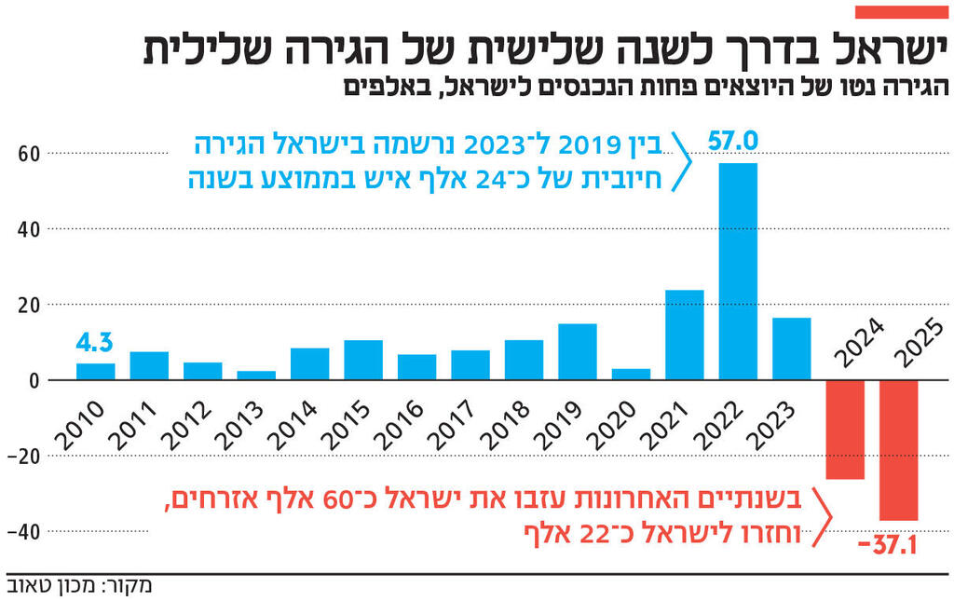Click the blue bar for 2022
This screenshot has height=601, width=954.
tap(738, 271)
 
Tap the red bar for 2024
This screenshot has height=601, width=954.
tap(845, 430)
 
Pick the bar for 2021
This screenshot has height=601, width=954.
tap(684, 335)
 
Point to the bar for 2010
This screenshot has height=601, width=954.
tap(95, 371)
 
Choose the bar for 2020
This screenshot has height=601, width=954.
tap(631, 374)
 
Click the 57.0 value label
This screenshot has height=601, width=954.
tap(733, 142)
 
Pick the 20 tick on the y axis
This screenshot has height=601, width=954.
tap(28, 305)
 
